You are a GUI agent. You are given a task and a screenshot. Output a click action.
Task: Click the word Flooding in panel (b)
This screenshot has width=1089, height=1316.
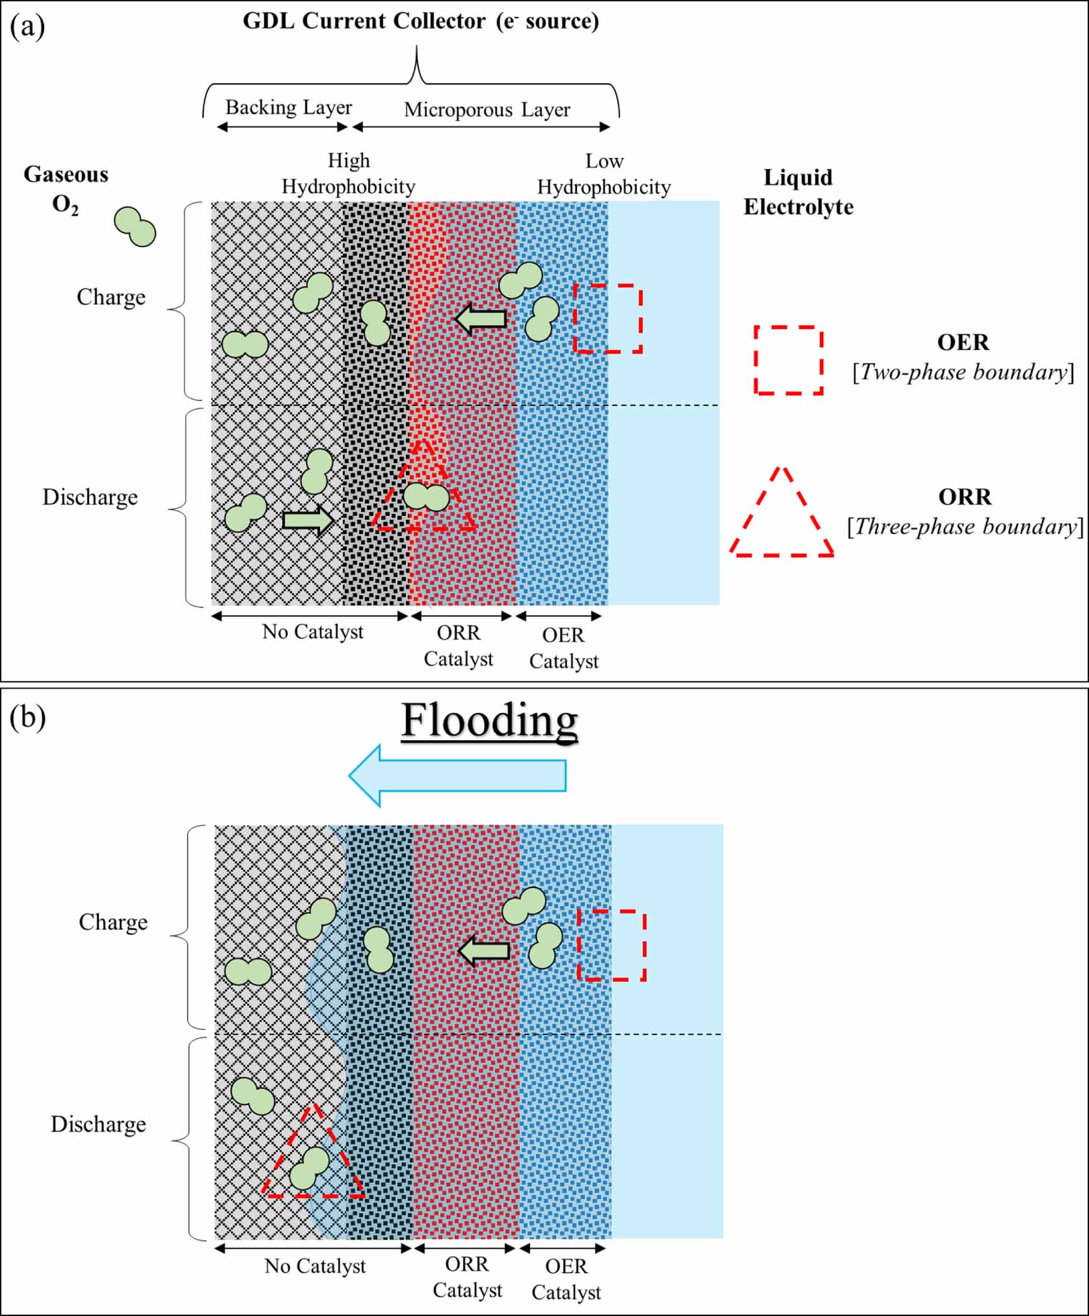[x=489, y=721]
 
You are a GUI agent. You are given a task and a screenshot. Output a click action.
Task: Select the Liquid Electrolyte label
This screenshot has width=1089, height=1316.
[x=798, y=192]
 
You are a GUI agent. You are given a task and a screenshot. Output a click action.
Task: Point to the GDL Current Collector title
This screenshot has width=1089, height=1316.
[x=420, y=21]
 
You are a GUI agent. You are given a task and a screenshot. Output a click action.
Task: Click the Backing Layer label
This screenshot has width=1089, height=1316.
[x=289, y=107]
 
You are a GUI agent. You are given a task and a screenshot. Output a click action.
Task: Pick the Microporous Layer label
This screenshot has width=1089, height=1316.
[x=487, y=110]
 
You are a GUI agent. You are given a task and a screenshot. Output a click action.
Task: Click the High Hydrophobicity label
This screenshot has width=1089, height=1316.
[x=348, y=174]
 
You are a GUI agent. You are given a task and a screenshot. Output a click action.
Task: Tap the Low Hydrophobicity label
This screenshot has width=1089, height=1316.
[x=604, y=174]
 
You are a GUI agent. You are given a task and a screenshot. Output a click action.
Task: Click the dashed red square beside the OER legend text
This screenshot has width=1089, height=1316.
[x=788, y=360]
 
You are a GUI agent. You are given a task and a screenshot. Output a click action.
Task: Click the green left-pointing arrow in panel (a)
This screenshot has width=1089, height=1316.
[x=481, y=319]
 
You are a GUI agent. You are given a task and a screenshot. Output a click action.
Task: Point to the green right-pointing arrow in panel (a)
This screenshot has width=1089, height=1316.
[x=308, y=520]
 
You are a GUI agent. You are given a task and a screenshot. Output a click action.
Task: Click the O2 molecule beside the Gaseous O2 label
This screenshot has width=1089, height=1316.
[x=134, y=227]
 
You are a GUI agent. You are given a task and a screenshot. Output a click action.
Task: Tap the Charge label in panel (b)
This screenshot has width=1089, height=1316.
[x=113, y=922]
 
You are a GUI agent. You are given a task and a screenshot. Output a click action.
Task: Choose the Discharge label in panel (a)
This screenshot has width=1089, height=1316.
[x=90, y=497]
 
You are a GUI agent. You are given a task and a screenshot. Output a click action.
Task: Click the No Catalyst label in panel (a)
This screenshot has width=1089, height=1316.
[x=312, y=631]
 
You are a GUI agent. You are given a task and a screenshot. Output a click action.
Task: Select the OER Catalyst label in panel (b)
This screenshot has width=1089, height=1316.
[x=566, y=1279]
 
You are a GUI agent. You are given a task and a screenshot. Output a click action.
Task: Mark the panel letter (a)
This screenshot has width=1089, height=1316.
[x=27, y=27]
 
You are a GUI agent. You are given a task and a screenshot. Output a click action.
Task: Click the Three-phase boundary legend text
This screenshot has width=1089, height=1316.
[x=965, y=527]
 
